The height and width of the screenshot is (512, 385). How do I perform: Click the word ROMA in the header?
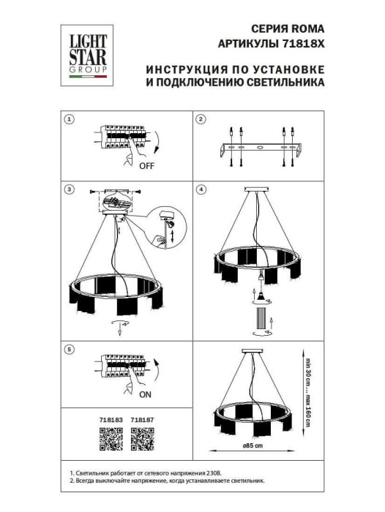click(307, 29)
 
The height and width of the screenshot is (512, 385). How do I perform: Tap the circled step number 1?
click(70, 118)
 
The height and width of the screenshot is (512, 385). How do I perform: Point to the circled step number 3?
click(70, 189)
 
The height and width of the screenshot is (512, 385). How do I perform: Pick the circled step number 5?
click(70, 350)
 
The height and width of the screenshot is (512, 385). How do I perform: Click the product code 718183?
click(109, 421)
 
